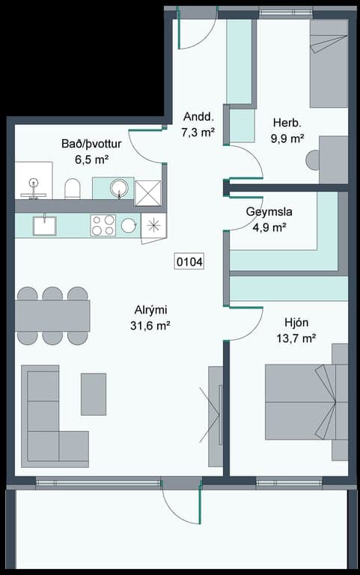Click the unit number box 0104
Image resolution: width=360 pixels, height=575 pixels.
coord(189,262)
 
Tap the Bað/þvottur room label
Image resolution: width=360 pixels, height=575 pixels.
coord(91,144)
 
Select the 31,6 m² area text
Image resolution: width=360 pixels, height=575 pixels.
coord(150,325)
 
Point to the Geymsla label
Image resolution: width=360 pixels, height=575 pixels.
coord(269,212)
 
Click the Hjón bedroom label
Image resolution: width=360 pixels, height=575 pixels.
coord(296,323)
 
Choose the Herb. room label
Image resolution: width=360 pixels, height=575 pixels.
coord(287,123)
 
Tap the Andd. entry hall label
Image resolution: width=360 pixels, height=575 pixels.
coord(198,117)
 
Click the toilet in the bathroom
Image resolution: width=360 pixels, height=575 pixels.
coord(72,189)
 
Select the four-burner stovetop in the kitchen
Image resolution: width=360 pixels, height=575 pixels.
coord(103,225)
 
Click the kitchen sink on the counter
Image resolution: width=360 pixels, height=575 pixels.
coord(45,225)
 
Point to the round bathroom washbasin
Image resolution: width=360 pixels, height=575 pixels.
coord(119,187)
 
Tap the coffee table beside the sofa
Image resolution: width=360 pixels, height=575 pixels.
coord(94,395)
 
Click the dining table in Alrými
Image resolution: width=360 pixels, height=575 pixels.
coord(52,316)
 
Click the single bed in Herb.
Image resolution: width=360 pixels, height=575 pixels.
coord(329,63)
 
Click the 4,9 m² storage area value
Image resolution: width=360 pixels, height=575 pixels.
coord(269,228)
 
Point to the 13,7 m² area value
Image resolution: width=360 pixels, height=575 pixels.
coord(296,338)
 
